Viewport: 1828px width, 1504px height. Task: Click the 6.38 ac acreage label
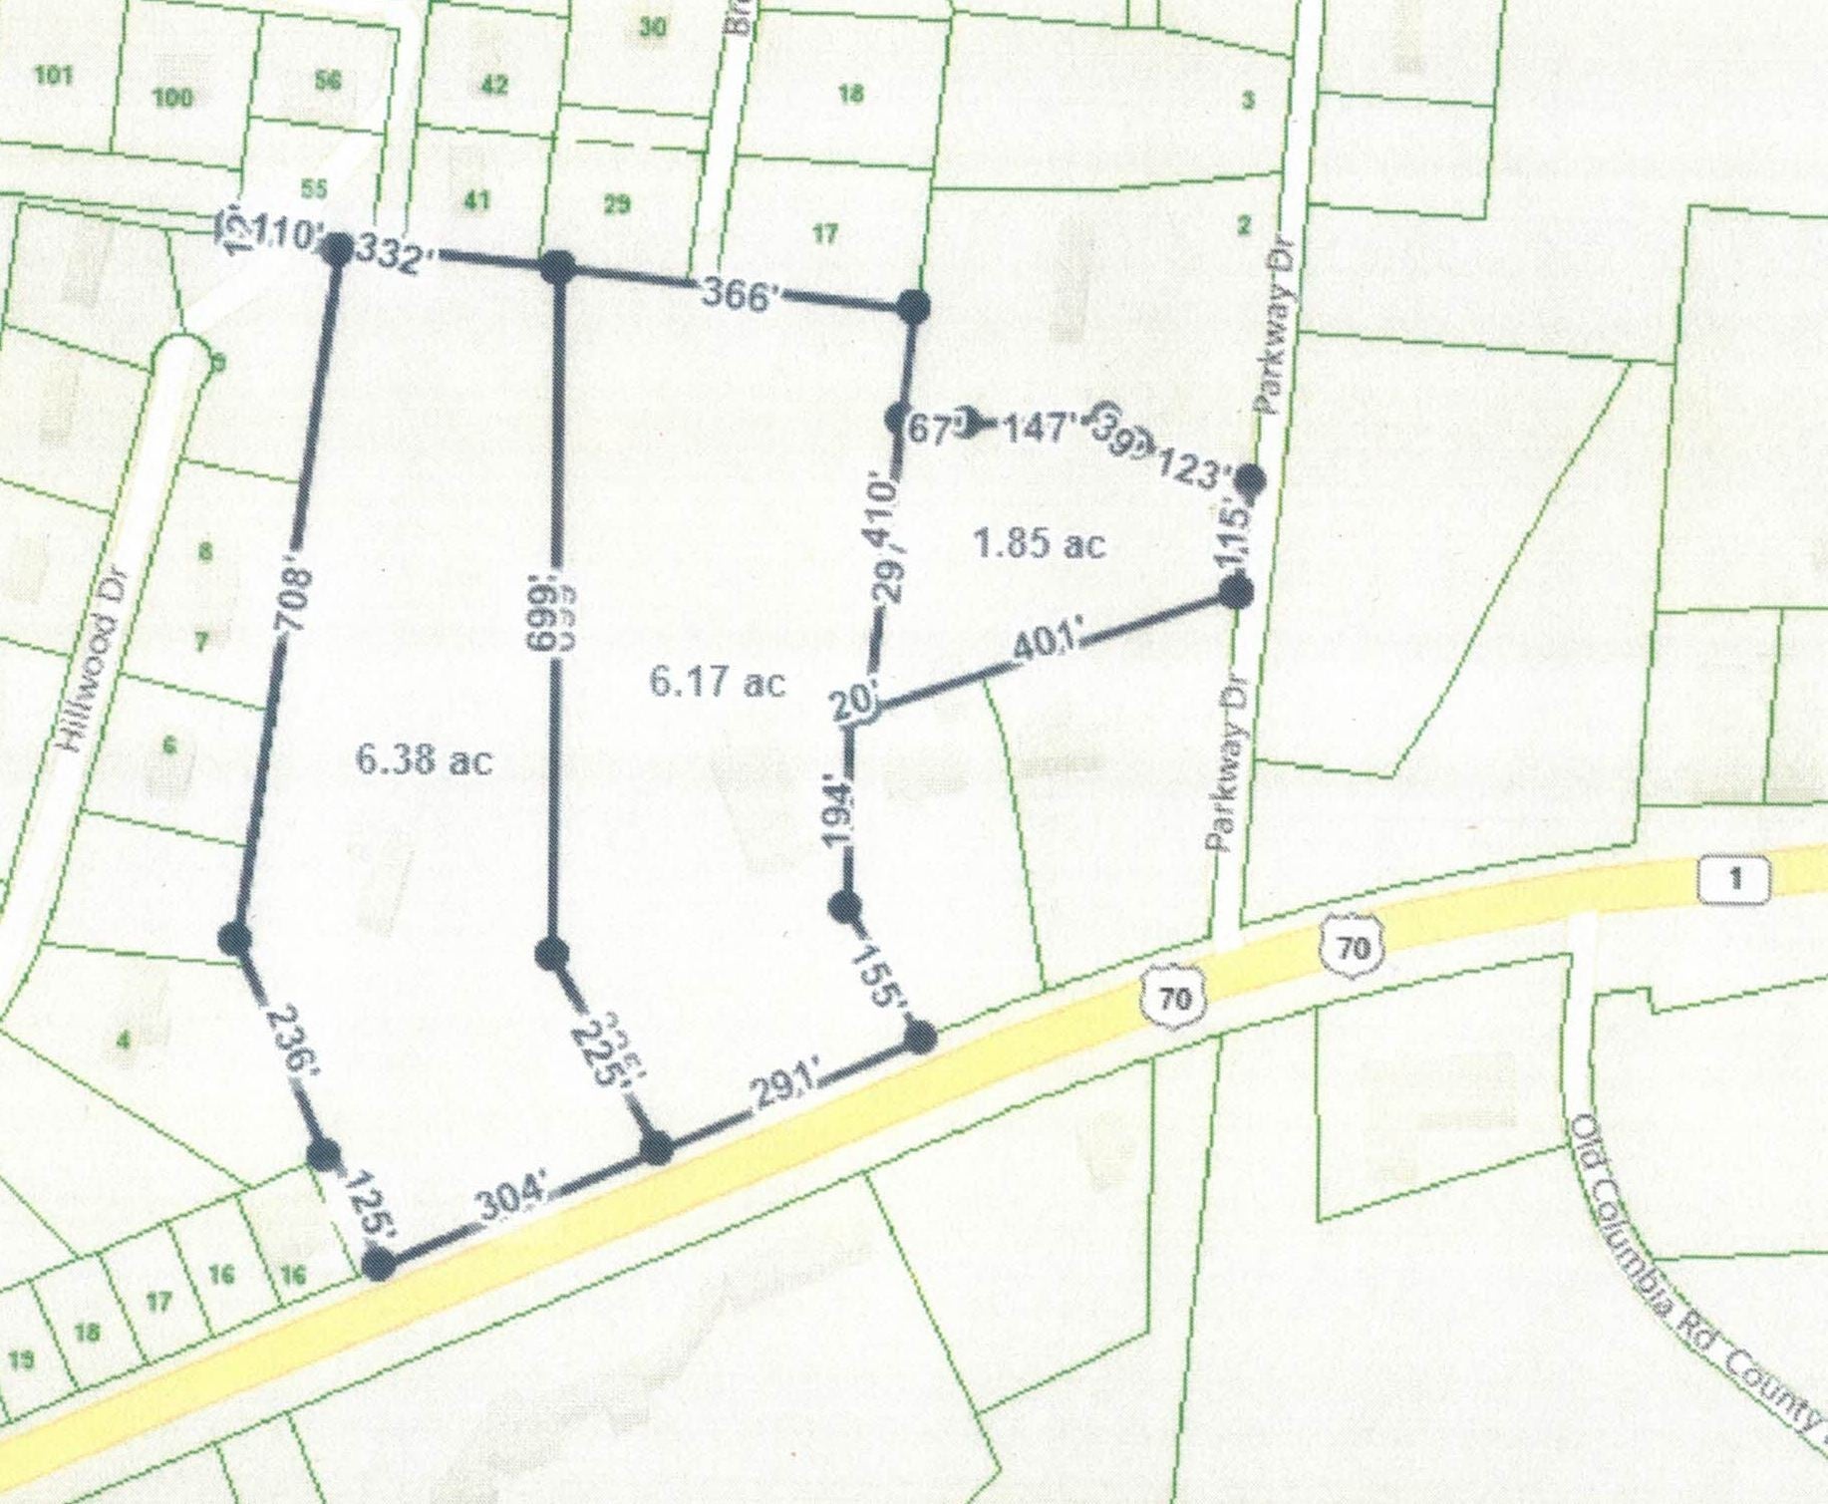(x=424, y=761)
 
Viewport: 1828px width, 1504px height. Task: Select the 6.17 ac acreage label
(x=717, y=683)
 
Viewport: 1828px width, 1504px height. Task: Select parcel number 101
(x=53, y=75)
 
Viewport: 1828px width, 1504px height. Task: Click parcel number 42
(x=493, y=85)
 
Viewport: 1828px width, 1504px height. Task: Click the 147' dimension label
(x=1037, y=429)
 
